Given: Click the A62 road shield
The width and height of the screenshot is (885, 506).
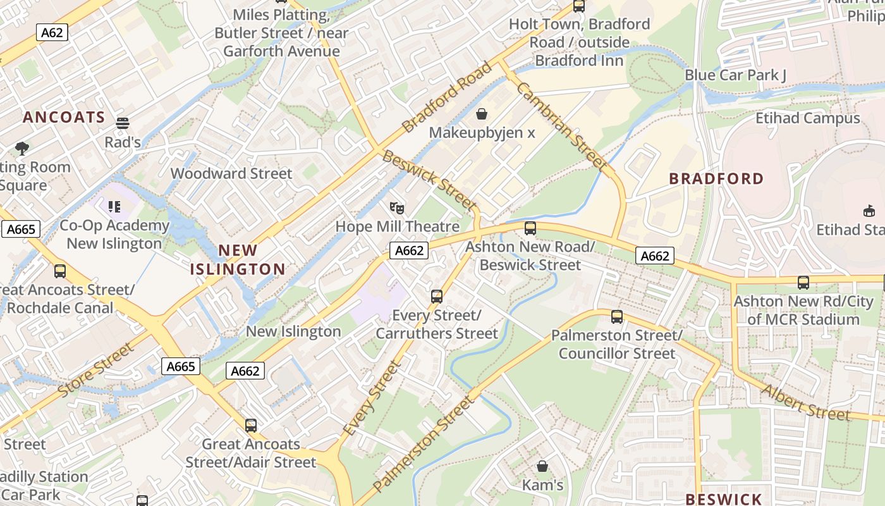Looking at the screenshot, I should coord(52,32).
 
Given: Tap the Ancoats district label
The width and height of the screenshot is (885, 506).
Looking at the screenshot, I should coord(64,117).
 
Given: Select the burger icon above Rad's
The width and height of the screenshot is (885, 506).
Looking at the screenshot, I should coord(123,123).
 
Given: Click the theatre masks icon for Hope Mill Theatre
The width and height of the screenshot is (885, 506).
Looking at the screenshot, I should coord(397,207).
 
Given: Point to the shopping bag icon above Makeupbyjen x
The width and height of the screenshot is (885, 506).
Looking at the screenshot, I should coord(482,114).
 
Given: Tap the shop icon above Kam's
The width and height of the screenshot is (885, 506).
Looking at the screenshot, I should coord(542,467).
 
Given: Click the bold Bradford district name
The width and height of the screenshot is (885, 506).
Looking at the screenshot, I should coord(716,178).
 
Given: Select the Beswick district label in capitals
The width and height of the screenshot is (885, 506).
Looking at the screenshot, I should coord(723,499).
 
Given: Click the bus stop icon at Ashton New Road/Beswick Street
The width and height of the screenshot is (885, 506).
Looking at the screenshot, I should coord(530,228).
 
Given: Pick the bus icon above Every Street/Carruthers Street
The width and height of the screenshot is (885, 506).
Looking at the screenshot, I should coord(436,296).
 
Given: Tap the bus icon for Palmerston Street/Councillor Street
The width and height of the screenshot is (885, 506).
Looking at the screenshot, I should coord(617,316).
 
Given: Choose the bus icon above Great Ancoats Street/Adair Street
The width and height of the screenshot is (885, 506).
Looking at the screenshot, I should coord(251,425).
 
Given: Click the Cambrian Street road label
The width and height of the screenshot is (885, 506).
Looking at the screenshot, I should coord(561,126).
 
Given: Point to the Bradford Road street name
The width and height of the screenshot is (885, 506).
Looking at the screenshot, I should coord(446,97).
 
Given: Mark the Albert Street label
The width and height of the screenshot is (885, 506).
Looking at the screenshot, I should coord(805,402).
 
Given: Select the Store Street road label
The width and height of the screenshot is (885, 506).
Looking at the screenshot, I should coord(96,369).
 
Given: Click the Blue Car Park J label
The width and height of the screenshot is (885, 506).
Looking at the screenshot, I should coord(735,75).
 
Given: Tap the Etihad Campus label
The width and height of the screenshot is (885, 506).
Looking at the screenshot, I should coord(807,118).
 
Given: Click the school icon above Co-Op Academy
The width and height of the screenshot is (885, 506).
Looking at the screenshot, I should coord(114,207).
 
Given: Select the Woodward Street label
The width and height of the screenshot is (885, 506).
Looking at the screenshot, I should coord(231,173).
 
